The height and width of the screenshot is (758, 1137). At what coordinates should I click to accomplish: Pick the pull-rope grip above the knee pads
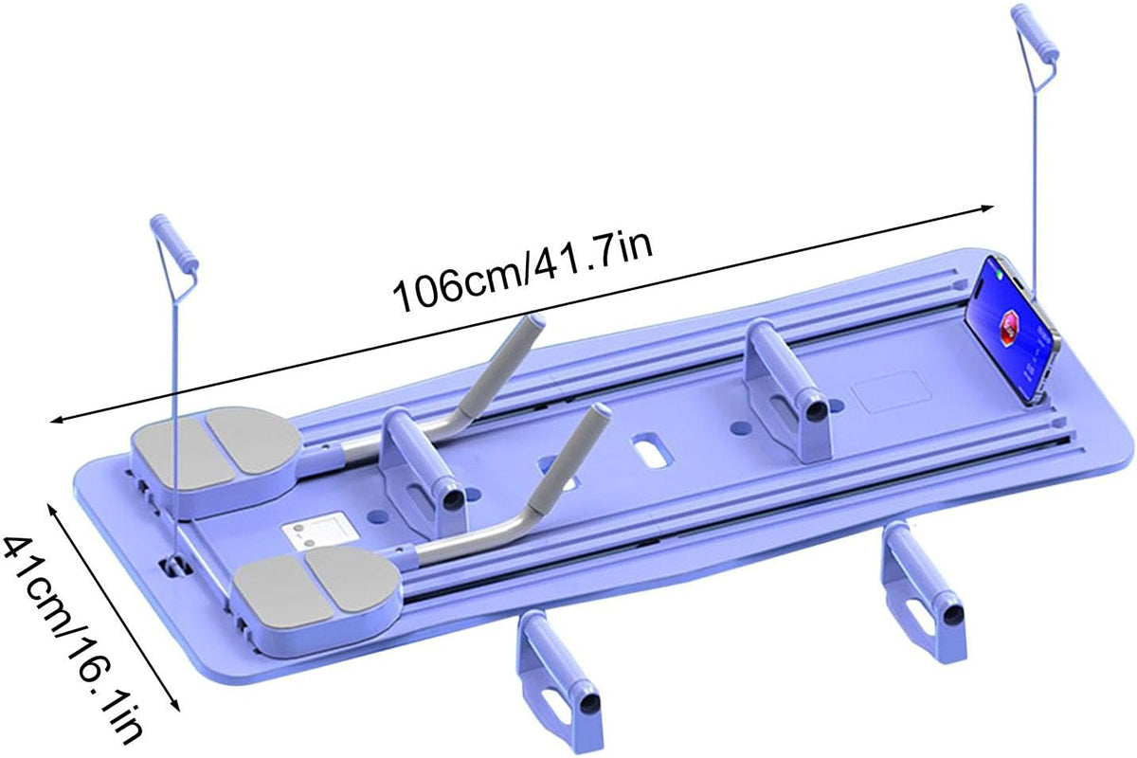point(173,247)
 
